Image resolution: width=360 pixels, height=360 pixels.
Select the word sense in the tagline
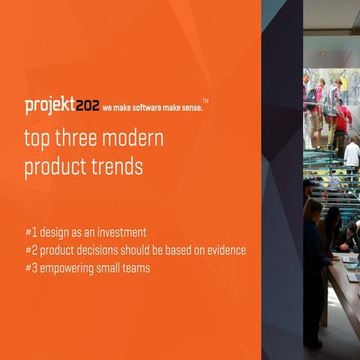pos(189,107)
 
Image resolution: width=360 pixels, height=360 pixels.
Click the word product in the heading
pos(49,168)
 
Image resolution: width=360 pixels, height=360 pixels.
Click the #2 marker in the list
pos(31,250)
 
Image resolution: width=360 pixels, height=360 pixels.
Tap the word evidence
pos(222,250)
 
